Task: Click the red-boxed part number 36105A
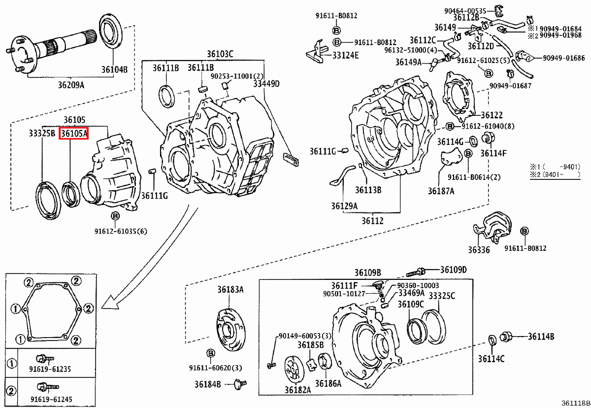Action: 73,133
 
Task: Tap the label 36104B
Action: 114,69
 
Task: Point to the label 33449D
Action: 266,84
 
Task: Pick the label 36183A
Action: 230,290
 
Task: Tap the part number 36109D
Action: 453,270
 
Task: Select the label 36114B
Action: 541,337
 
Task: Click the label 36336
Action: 479,250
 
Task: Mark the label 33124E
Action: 345,55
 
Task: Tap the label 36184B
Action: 207,384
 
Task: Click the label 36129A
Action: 344,206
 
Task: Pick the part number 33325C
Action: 442,296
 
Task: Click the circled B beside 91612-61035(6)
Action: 115,216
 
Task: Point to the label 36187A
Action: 441,191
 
